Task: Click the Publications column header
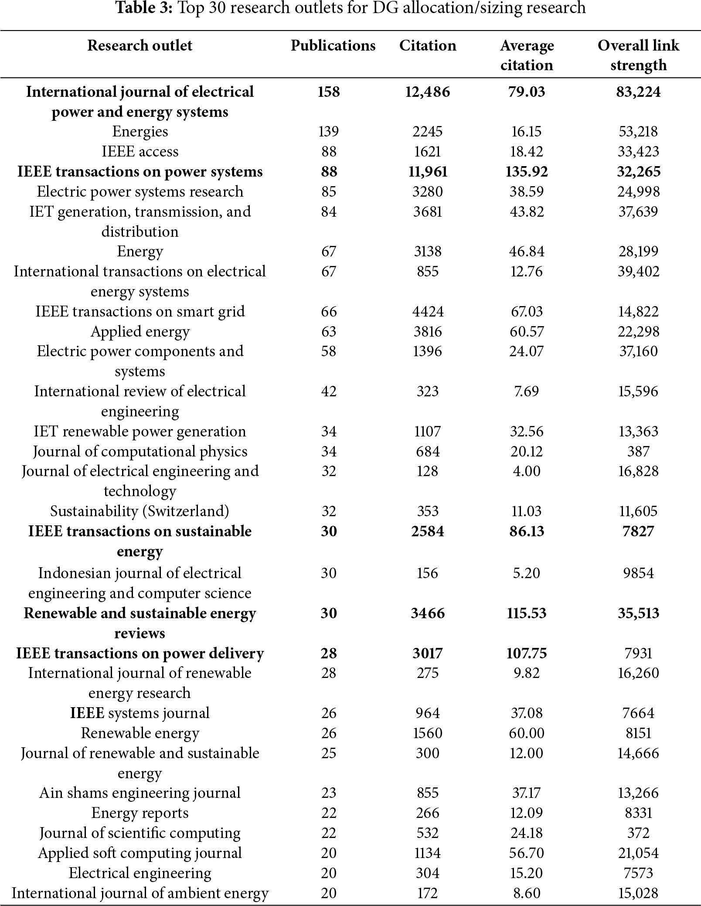pos(333,45)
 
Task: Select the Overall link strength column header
pos(638,55)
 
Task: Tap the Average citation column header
pos(527,55)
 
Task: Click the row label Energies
pos(140,131)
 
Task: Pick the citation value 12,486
pos(428,92)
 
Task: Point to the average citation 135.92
pos(527,171)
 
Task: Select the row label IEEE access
pos(140,151)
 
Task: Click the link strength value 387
pos(638,451)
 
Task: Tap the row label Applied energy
pos(140,331)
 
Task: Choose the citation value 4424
pos(428,311)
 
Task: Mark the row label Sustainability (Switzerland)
pos(140,511)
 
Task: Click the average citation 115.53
pos(527,613)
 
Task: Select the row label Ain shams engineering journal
pos(140,793)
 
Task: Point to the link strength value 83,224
pos(638,92)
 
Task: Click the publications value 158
pos(329,92)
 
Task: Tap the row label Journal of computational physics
pos(140,451)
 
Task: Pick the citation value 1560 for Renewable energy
pos(428,733)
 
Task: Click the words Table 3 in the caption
pos(142,8)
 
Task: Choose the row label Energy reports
pos(140,813)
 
